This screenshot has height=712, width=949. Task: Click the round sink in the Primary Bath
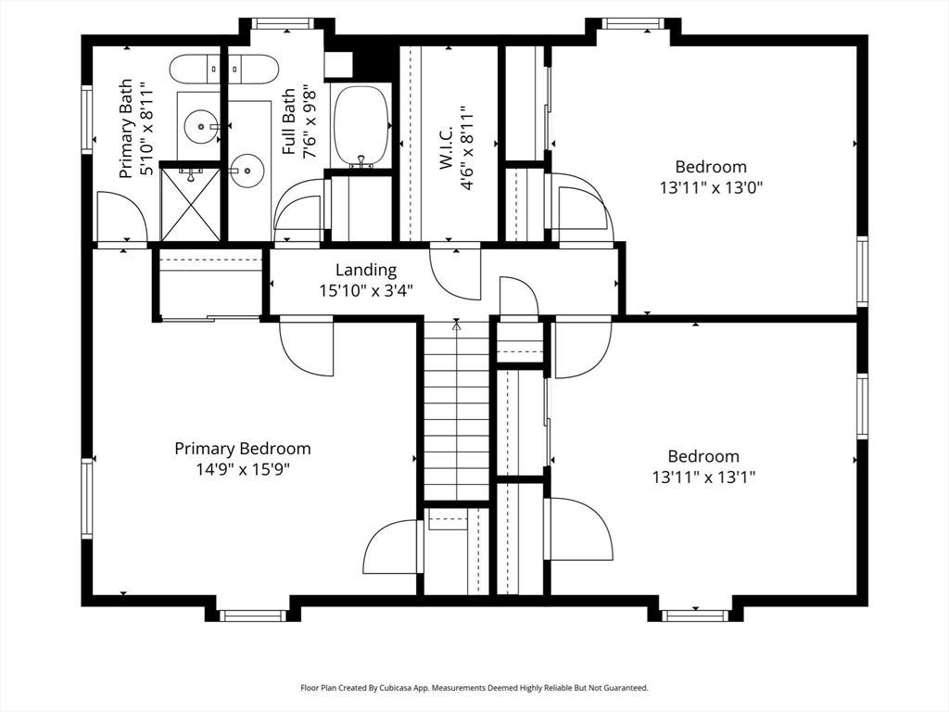[x=201, y=126]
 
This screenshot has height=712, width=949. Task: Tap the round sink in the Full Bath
[x=247, y=171]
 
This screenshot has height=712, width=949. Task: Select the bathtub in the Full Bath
[x=362, y=126]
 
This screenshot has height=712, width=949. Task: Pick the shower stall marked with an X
[x=191, y=203]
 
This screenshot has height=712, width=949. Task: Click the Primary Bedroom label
[x=243, y=449]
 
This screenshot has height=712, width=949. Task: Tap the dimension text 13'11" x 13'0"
[x=711, y=187]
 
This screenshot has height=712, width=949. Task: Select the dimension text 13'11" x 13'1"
[x=704, y=477]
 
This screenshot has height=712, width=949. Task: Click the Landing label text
[x=366, y=270]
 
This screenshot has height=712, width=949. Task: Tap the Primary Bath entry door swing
[x=121, y=216]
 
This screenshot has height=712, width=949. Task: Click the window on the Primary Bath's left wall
[x=87, y=120]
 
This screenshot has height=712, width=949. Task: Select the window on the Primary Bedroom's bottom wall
[x=252, y=616]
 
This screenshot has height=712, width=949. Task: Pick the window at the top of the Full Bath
[x=281, y=23]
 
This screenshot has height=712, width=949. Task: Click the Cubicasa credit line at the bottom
[x=474, y=688]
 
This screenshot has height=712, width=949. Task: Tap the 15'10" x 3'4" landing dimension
[x=366, y=291]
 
